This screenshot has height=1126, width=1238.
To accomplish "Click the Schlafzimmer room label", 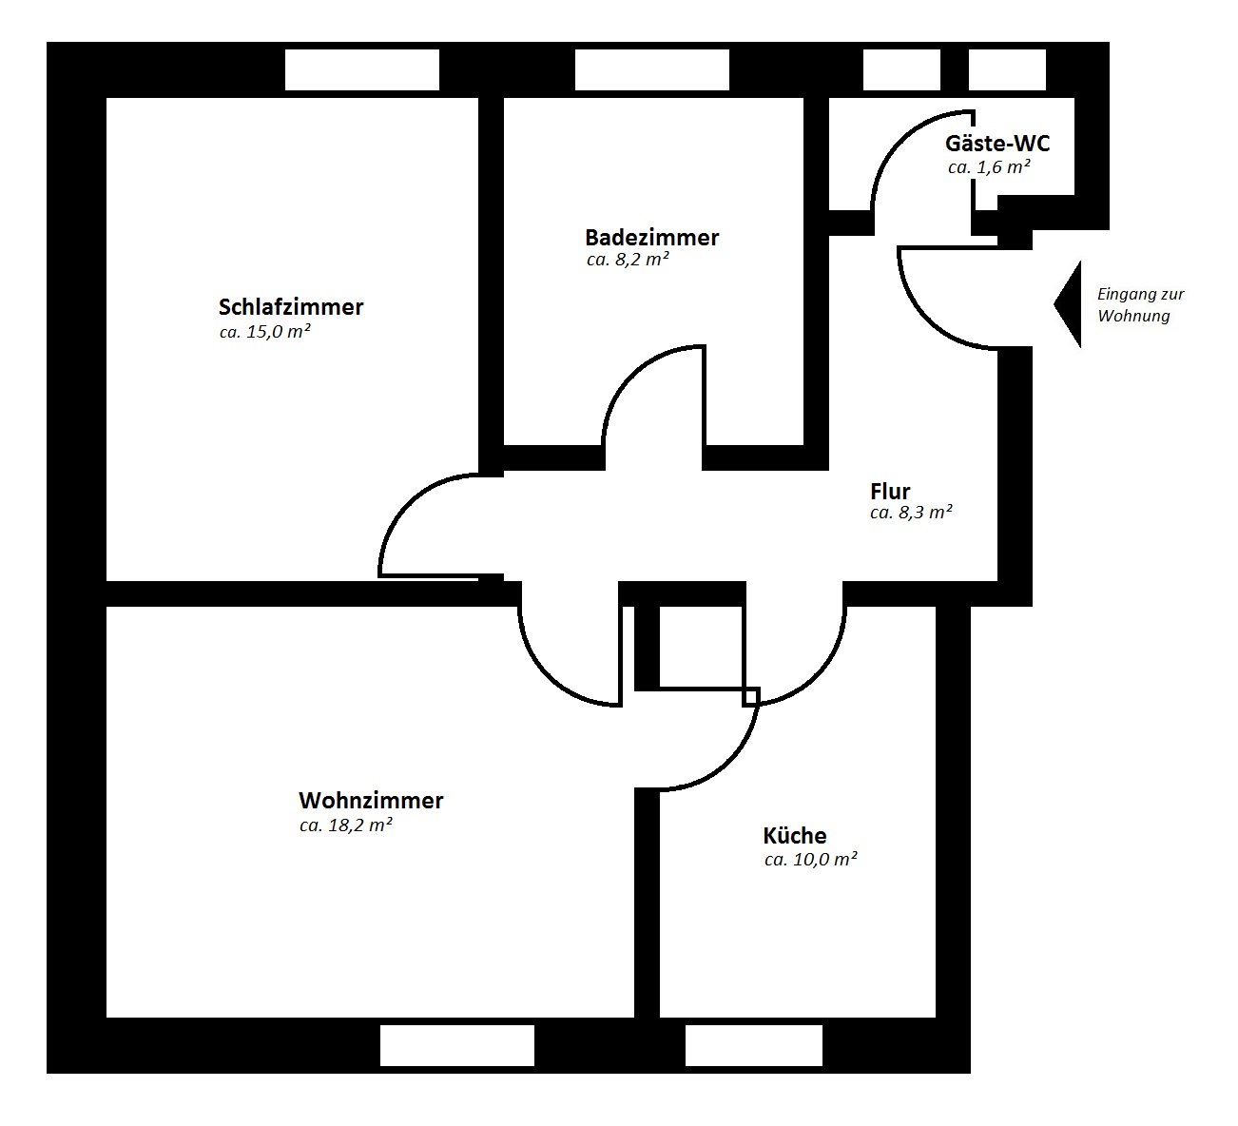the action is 291,307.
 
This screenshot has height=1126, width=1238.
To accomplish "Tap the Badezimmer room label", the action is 651,238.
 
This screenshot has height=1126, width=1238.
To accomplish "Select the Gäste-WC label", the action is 997,144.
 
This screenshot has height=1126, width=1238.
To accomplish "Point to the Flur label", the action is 890,492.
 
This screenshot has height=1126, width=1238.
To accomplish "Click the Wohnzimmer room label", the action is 371,801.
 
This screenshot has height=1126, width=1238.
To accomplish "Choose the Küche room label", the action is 794,835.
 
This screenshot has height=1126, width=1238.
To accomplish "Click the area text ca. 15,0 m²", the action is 264,332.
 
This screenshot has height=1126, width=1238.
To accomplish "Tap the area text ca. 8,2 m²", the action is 628,260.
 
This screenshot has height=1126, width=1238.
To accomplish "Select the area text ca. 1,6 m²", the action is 989,167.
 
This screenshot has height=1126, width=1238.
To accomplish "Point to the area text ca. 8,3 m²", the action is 911,513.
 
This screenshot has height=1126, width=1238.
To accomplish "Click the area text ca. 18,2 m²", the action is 345,825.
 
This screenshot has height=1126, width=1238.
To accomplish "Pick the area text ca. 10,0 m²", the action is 810,860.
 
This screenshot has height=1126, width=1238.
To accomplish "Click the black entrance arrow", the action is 1068,304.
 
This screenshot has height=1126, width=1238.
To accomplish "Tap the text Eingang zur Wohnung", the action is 1140,305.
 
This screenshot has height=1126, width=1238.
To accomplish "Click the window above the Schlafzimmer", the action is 362,69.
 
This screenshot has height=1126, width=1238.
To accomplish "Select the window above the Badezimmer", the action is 651,69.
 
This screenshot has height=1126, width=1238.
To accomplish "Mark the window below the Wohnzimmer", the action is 457,1046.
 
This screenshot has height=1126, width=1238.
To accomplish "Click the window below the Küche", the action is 753,1046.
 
